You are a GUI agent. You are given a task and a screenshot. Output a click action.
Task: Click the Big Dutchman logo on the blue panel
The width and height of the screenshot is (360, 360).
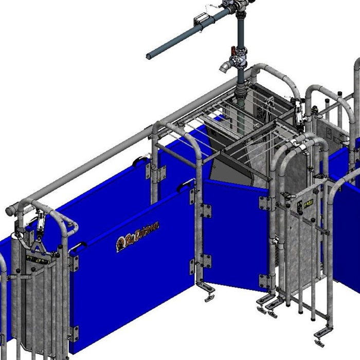tap(137, 237)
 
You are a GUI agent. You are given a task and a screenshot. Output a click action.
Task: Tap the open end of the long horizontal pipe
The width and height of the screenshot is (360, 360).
tap(149, 56)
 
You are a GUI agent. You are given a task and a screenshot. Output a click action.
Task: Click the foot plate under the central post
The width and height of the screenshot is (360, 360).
tap(208, 298)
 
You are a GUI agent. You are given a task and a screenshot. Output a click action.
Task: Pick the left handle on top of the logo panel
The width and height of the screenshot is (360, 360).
tap(77, 247)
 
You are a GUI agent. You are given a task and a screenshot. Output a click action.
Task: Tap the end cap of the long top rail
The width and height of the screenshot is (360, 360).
tap(11, 211)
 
